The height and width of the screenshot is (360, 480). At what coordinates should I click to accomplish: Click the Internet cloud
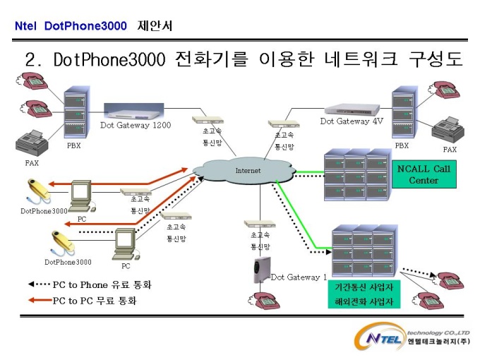[244, 171]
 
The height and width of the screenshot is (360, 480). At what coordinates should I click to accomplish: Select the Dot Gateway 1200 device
[134, 113]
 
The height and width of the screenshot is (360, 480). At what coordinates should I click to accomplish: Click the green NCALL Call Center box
[424, 174]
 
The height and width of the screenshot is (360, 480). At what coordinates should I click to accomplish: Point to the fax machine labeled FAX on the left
[32, 143]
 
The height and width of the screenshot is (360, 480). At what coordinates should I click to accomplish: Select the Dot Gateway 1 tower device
[261, 270]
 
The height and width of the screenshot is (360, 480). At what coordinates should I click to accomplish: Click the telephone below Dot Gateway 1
[264, 301]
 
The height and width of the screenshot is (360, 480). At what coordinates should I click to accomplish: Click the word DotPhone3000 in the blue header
[85, 25]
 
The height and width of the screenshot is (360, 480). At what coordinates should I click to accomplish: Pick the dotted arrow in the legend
[40, 284]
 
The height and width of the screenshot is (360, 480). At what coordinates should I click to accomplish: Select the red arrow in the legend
[40, 300]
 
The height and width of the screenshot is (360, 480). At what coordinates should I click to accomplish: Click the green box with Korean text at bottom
[364, 294]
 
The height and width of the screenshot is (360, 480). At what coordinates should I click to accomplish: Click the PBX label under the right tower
[402, 145]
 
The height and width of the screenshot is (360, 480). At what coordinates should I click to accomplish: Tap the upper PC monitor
[80, 191]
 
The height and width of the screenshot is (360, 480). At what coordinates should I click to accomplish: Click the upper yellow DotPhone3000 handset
[39, 191]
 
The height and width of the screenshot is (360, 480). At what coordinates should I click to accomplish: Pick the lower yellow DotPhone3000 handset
[63, 242]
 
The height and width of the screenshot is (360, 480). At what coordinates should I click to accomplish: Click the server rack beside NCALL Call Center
[358, 175]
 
